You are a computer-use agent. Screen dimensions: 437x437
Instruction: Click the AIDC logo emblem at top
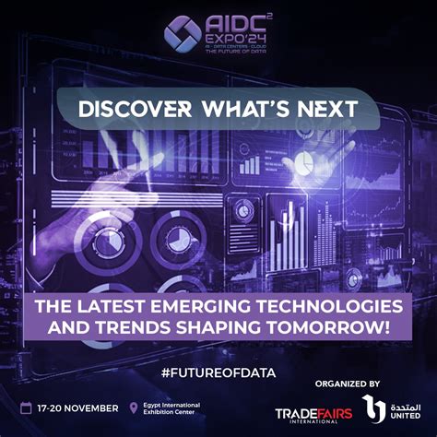183,33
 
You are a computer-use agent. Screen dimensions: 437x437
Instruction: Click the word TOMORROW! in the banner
337,327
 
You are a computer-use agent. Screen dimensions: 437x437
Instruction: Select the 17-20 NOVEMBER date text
79,407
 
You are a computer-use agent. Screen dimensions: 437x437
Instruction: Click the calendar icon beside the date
29,407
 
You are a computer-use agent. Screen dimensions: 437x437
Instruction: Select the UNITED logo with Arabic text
387,409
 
